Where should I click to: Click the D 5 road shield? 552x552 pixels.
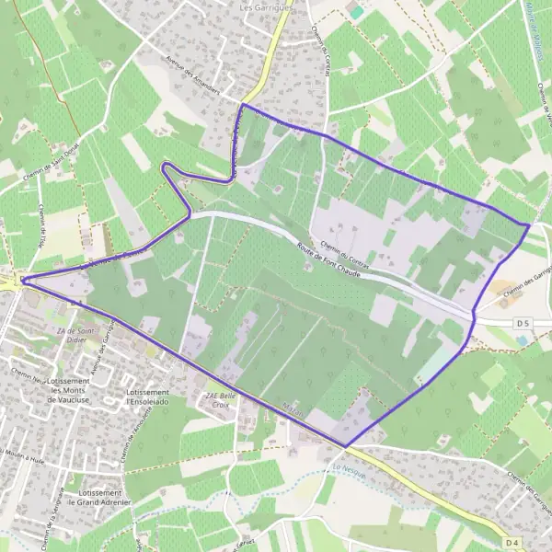pyautogui.click(x=523, y=323)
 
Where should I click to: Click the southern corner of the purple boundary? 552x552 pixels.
pyautogui.click(x=346, y=447)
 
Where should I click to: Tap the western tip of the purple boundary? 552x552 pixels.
pyautogui.click(x=22, y=279)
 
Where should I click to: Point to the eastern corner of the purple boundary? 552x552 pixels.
pyautogui.click(x=530, y=224)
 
